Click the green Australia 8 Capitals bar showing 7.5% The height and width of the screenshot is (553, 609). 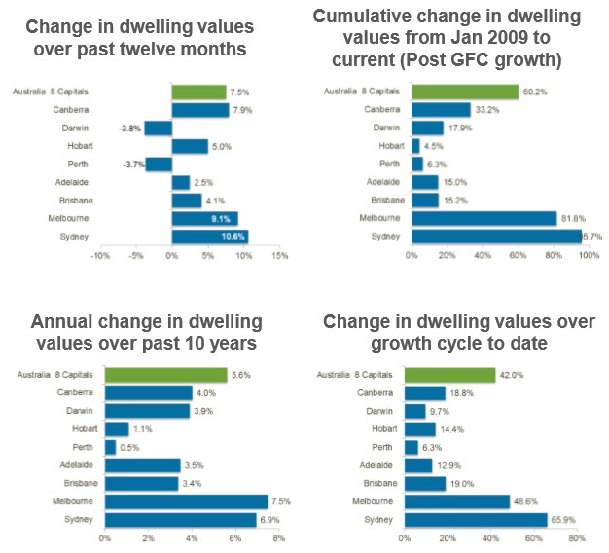pos(198,92)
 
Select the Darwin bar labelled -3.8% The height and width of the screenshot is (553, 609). pos(159,129)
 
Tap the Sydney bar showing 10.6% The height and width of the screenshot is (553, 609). pos(209,237)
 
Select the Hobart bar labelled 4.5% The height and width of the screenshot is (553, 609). pos(415,146)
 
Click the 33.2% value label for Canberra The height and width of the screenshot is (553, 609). pos(485,110)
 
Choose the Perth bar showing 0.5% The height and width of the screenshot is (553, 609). pos(110,447)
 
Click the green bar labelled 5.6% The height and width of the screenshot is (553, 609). pos(165,375)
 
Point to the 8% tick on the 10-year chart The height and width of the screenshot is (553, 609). pos(278,537)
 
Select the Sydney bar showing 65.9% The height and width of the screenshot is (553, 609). pos(476,520)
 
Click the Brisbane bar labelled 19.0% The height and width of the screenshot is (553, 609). pos(425,483)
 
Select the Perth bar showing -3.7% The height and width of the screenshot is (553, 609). pos(159,165)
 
